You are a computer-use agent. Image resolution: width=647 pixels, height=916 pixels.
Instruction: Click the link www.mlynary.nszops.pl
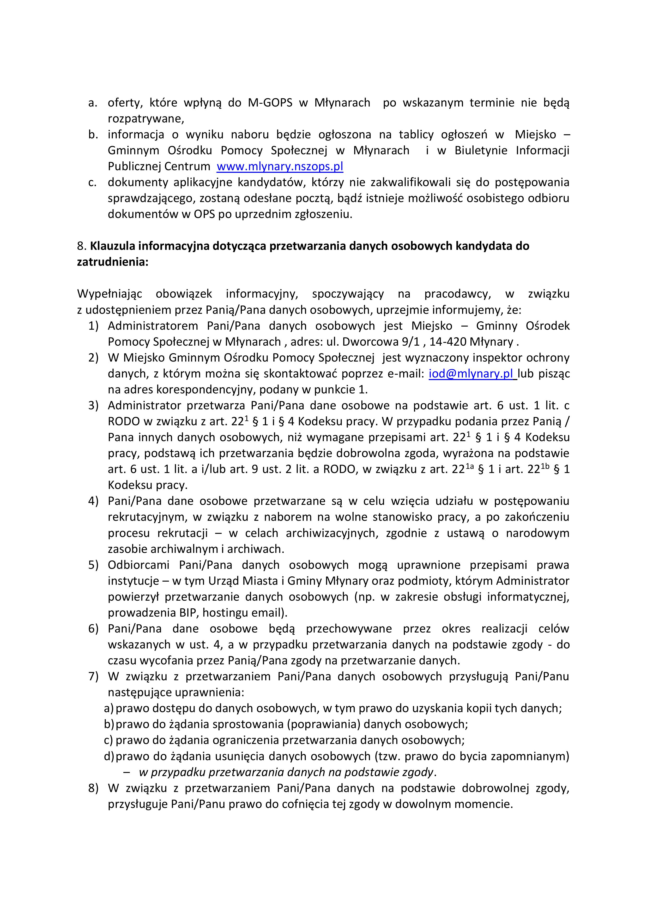pyautogui.click(x=280, y=166)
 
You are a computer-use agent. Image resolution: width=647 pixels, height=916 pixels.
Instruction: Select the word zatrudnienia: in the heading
pyautogui.click(x=112, y=262)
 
